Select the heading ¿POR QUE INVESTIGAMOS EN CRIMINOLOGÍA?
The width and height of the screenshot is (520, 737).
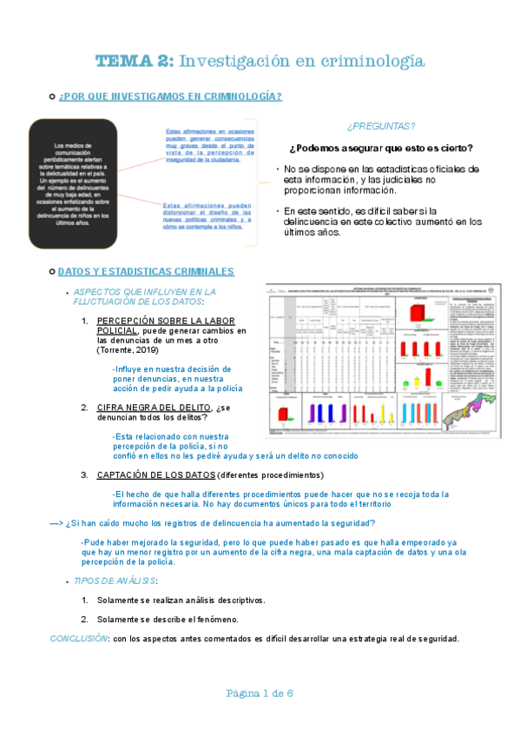point(169,96)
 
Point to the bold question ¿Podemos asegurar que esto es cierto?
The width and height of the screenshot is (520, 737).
point(381,147)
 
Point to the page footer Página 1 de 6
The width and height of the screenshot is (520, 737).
point(260,693)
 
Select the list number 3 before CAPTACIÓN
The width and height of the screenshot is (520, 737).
point(85,475)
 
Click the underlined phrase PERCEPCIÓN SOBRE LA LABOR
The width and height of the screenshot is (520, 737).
point(165,321)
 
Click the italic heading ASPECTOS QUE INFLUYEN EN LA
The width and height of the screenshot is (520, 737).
point(145,291)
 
